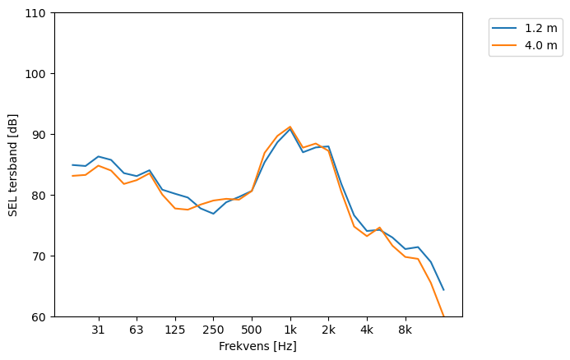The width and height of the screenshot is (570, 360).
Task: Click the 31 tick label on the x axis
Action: point(98,330)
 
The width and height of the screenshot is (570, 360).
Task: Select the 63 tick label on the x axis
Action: point(137,330)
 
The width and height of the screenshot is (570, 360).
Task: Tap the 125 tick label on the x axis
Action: point(174,330)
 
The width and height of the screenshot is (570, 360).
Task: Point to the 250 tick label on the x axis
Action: point(213,330)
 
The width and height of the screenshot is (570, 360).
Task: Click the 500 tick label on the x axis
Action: point(252,330)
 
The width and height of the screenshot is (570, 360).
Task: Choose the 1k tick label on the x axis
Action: point(290,330)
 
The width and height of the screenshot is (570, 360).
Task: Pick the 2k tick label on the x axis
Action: point(328,330)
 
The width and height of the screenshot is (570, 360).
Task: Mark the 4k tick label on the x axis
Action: point(367,330)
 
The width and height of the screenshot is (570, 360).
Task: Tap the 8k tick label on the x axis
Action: point(405,330)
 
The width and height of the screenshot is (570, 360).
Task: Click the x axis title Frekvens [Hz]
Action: point(257,346)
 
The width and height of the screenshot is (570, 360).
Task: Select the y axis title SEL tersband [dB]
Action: point(13,165)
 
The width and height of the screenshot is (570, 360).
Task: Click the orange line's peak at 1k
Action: point(290,127)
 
